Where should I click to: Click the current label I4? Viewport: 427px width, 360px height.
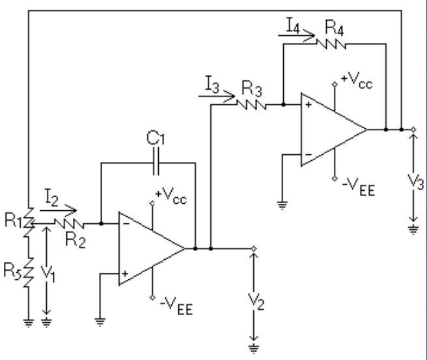[x=293, y=26]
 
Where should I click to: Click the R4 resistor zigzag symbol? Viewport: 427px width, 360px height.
[x=329, y=44]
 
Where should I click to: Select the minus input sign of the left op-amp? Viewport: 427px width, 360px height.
[x=126, y=223]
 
